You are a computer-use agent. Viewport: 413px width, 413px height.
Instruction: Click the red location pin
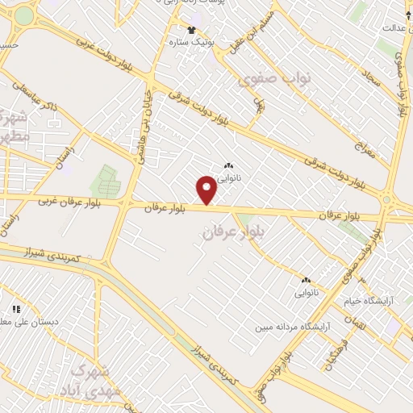(x=207, y=190)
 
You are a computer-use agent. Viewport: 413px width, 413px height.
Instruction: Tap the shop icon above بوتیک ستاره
(x=191, y=30)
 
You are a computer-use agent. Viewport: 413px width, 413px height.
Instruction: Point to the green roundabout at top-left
(x=24, y=15)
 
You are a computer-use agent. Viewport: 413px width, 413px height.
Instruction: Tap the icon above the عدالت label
(x=409, y=15)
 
